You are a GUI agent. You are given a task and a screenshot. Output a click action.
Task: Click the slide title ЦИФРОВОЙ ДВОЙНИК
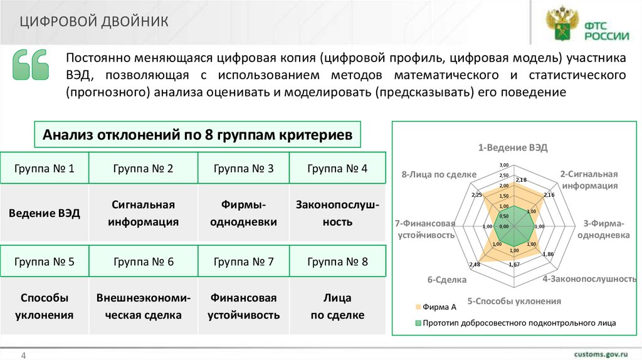click(x=93, y=22)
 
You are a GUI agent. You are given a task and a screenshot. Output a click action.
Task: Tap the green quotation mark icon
click(x=30, y=65)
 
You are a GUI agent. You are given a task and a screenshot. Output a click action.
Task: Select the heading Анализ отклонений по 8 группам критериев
click(x=197, y=135)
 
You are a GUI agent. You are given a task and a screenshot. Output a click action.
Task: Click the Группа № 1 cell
click(x=45, y=168)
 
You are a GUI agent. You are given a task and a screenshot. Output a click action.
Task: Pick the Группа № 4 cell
click(x=337, y=168)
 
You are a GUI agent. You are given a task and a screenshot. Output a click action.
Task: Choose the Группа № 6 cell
click(x=143, y=262)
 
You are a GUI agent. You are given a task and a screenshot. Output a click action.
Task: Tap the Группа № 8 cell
click(x=337, y=262)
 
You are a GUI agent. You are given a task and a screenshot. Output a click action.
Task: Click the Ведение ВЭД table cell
click(x=45, y=213)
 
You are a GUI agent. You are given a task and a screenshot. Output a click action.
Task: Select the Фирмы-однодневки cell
click(x=243, y=213)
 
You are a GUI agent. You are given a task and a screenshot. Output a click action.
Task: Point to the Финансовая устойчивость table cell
click(x=243, y=307)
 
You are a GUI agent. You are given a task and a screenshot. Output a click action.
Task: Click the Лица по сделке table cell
click(x=337, y=307)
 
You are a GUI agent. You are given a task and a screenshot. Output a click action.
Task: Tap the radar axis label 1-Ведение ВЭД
click(x=513, y=148)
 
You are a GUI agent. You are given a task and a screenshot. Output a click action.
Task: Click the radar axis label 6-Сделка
click(x=447, y=280)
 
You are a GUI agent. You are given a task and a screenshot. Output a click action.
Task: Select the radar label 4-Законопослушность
click(x=589, y=278)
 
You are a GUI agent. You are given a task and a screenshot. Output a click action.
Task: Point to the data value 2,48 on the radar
click(x=474, y=264)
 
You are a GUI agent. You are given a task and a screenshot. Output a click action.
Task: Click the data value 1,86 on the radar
click(x=548, y=253)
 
